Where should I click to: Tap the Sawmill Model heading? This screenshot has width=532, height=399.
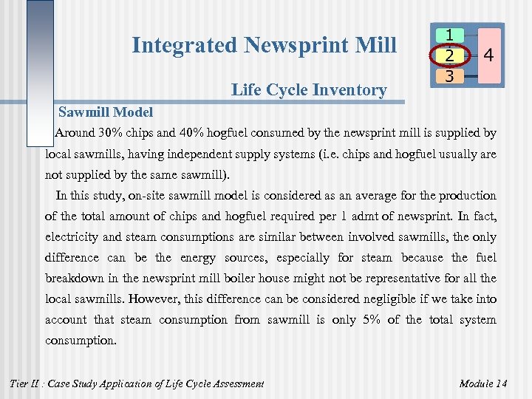tap(105, 112)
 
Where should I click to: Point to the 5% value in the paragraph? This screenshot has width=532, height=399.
tap(369, 320)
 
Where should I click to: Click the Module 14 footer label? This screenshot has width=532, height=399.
tap(483, 383)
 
